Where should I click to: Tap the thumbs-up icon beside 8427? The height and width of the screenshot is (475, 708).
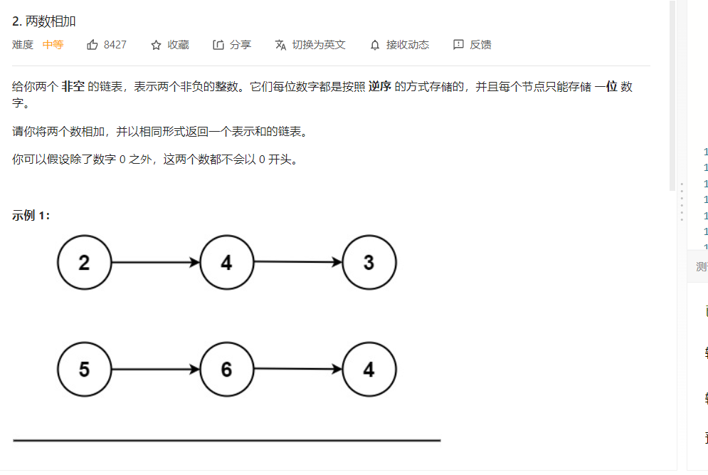pos(93,45)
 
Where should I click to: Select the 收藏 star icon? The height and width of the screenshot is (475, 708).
pos(156,45)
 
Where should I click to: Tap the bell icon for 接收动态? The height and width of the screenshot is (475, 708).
pos(375,45)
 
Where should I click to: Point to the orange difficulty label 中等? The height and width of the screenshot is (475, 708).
pos(53,45)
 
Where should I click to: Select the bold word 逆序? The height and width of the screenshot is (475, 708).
pos(380,87)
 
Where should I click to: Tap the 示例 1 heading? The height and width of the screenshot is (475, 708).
pos(31,216)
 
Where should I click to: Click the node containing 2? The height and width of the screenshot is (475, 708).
pos(85,263)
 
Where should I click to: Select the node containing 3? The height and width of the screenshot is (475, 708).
pos(369,263)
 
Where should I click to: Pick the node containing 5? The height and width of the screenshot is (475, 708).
pos(85,370)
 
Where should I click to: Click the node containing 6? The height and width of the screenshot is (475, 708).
pos(226,370)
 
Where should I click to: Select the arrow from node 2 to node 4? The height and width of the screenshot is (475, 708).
pos(155,263)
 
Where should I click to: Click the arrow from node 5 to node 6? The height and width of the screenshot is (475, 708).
pos(155,370)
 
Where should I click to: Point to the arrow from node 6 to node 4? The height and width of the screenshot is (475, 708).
pos(297,370)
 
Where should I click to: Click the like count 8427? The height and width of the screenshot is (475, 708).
pos(115,45)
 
